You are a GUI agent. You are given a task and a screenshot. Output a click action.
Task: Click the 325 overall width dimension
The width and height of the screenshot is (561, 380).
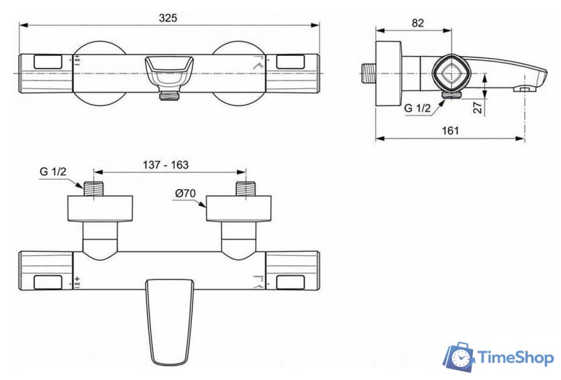168,18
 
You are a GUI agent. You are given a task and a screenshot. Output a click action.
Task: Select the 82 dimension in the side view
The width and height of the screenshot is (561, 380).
418,23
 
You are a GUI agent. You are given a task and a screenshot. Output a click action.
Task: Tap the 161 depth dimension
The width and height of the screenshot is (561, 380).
451,131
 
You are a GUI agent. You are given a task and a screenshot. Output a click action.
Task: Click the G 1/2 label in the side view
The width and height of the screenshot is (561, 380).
417,108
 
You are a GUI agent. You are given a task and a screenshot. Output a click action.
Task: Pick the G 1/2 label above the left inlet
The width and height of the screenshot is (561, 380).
53,172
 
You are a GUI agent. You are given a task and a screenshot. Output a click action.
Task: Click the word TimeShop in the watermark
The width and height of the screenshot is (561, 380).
515,359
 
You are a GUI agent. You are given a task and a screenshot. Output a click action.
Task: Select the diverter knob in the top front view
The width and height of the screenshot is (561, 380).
168,70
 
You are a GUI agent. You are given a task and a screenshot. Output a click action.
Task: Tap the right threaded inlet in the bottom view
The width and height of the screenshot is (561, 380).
245,187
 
